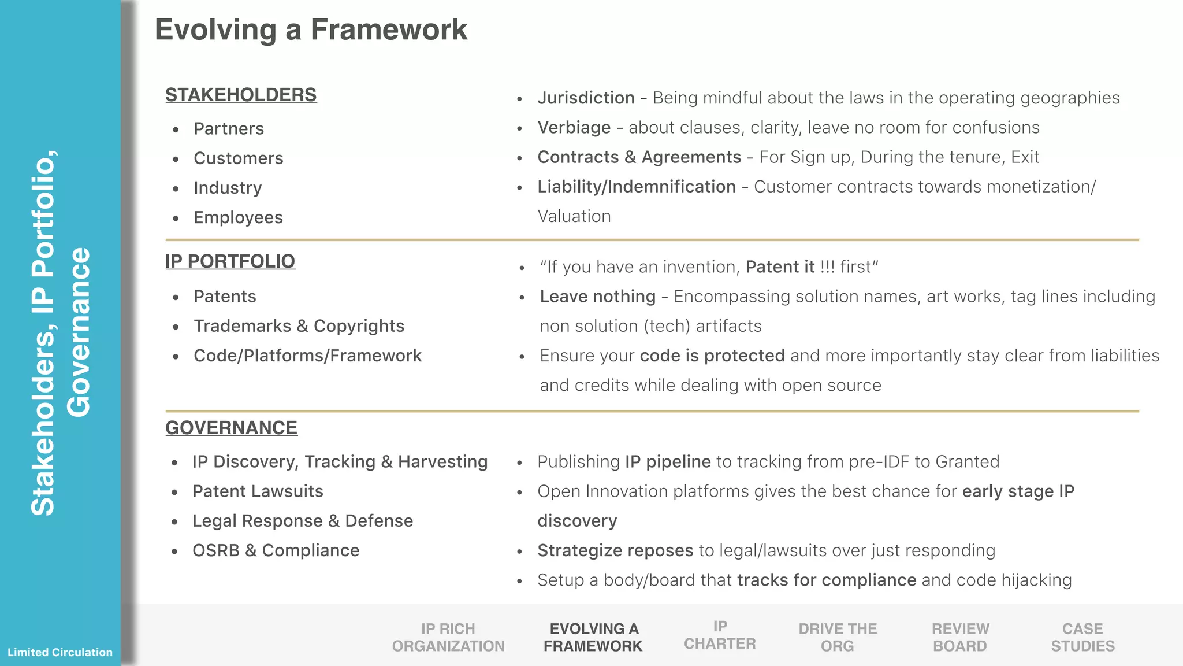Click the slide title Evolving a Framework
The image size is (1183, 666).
click(x=311, y=29)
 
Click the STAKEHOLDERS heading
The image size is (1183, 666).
click(x=241, y=95)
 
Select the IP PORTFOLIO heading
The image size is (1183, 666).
click(x=230, y=261)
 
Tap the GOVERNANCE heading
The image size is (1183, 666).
click(x=231, y=428)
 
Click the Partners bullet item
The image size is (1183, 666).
click(x=229, y=128)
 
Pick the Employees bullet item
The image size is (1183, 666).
click(x=238, y=217)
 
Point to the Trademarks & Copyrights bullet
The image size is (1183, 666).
click(x=299, y=326)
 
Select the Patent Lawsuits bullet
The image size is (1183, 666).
click(x=258, y=491)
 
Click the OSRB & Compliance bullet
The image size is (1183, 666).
click(x=276, y=550)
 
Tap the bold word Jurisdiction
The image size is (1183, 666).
click(x=586, y=98)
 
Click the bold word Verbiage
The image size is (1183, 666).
click(x=574, y=127)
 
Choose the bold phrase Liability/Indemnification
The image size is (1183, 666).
click(x=636, y=187)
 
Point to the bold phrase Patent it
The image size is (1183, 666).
click(x=780, y=267)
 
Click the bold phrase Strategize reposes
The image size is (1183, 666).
click(x=615, y=550)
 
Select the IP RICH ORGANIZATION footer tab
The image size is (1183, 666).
click(x=448, y=637)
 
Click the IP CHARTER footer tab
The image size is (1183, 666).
click(x=720, y=635)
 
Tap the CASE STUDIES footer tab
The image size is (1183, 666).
click(x=1082, y=637)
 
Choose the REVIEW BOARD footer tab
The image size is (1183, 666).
click(x=960, y=637)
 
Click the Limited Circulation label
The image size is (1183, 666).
click(x=60, y=652)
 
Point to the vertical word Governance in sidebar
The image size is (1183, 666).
click(x=79, y=332)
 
